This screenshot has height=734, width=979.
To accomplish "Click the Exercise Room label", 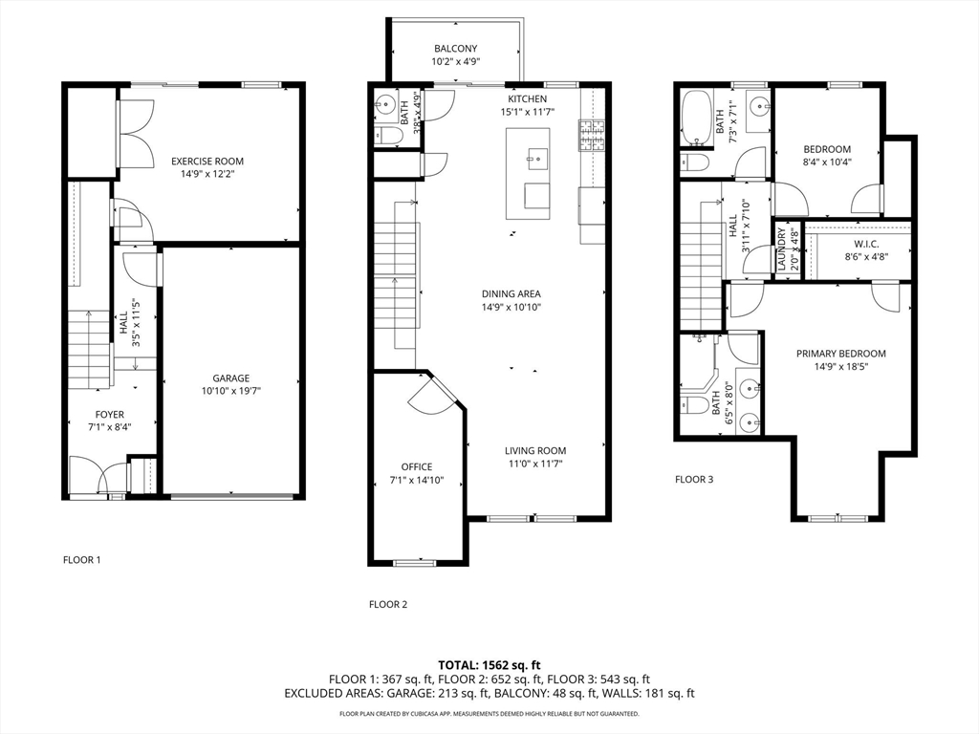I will point(207,162).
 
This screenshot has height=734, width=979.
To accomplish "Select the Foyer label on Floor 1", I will point(109,414).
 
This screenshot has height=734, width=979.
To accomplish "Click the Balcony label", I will point(455,49).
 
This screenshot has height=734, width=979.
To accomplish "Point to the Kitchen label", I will point(527,99).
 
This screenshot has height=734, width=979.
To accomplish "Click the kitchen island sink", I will point(535,156).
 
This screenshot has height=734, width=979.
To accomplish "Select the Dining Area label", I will point(511,293).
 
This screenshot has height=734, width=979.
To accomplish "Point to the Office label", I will point(417,467).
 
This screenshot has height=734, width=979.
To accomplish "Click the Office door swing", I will point(427,394).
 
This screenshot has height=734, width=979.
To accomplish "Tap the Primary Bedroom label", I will point(840,354).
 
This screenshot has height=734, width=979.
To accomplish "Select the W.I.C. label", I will point(854,244).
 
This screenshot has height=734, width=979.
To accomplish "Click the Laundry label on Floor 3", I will point(781,250).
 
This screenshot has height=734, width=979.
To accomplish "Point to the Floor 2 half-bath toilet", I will point(386,138).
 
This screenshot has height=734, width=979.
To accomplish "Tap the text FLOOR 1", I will point(81,560).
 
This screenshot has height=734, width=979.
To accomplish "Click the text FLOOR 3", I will point(694,480).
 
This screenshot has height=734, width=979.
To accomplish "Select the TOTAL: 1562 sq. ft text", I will point(489,664).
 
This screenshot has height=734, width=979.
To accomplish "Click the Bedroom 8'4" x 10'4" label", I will point(827,149).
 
